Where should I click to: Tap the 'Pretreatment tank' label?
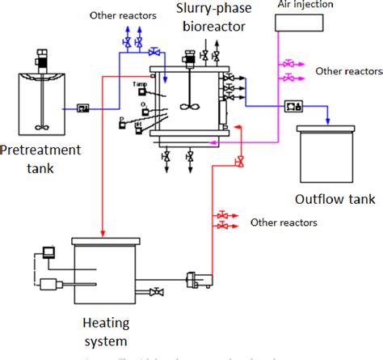click(41, 157)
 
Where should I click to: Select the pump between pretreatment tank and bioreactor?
click(84, 108)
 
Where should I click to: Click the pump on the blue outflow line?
click(293, 105)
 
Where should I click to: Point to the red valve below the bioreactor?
click(238, 162)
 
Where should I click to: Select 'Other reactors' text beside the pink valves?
click(339, 70)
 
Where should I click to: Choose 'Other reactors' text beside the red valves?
click(284, 222)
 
